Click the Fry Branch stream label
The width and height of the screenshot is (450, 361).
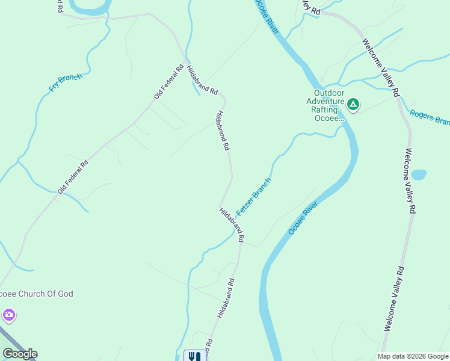coord(65,82)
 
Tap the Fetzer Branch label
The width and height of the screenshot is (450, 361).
coord(254,197)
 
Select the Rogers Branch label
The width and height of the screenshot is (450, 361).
coord(429,117)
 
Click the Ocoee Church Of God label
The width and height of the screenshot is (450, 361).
coord(36,294)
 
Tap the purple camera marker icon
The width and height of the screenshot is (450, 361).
coord(8,315)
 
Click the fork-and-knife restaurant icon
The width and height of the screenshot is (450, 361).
coord(194,356)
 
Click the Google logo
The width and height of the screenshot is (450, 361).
coord(20,354)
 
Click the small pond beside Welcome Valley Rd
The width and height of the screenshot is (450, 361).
coord(419,174)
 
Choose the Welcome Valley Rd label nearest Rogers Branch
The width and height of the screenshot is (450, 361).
coord(380,68)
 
